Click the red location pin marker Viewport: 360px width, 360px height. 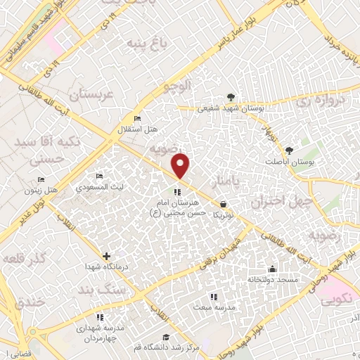[181, 166]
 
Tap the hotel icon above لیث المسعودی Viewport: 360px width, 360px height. [99, 174]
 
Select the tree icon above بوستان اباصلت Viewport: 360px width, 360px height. [289, 150]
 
